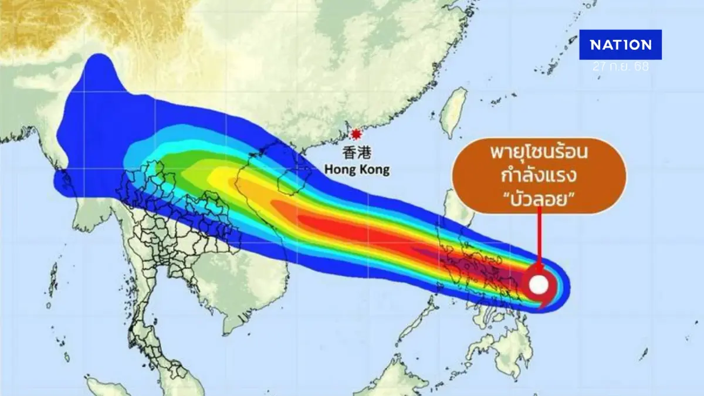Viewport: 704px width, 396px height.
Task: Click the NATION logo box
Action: coord(620,45)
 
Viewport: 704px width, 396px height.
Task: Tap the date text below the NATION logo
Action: coord(620,67)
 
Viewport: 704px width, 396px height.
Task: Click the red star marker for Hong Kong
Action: coord(354,134)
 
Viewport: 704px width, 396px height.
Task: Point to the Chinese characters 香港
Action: coord(356,154)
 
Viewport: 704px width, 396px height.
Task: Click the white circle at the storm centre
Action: coord(539,285)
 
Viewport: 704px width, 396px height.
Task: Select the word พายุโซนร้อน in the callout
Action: coord(540,154)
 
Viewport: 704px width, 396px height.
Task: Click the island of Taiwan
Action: coord(452,114)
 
